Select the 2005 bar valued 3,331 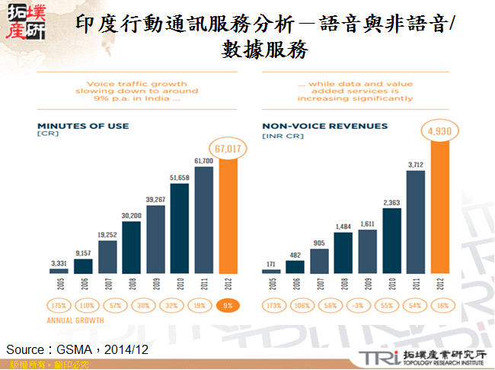(59, 270)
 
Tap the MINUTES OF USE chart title (84, 126)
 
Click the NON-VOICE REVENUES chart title (324, 126)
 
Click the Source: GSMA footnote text (76, 349)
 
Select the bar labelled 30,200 (131, 246)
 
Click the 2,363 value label (391, 203)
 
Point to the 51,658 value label (180, 177)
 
